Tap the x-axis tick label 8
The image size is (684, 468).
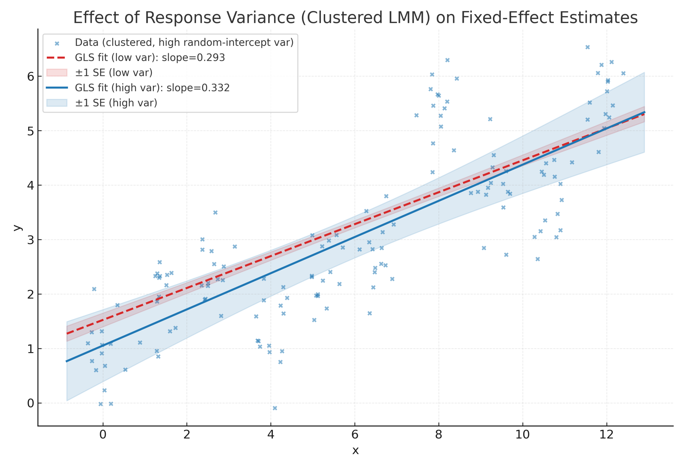coord(438,434)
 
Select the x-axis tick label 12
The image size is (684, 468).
coord(606,434)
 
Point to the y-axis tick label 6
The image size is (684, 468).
coord(31,76)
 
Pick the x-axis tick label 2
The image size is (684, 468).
coord(186,434)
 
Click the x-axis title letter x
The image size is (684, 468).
coord(355,450)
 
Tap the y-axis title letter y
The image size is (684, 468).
coord(18,228)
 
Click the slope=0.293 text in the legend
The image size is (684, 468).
coord(193,57)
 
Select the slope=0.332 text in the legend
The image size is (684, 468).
coord(198,88)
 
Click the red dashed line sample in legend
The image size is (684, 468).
coord(56,57)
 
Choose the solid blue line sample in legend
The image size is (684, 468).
coord(56,88)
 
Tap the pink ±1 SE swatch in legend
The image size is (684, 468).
coord(56,72)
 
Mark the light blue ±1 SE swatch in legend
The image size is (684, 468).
coord(56,103)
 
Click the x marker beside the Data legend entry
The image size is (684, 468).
coord(57,44)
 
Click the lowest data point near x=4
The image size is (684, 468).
coord(275,408)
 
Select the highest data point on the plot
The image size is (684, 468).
coord(588,47)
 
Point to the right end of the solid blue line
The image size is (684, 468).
coord(644,112)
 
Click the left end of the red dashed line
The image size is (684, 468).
coord(67,333)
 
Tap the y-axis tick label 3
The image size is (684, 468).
coord(31,240)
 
